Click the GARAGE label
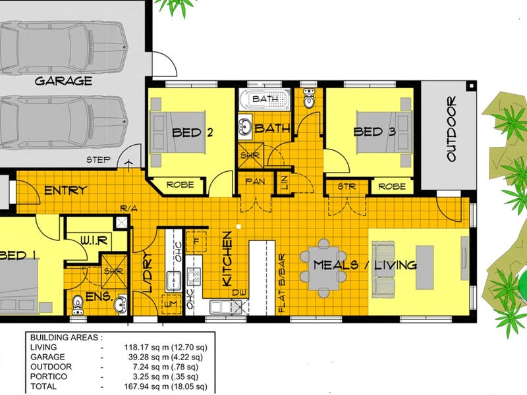pyautogui.click(x=63, y=81)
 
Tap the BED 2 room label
pyautogui.click(x=192, y=132)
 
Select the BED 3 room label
pyautogui.click(x=375, y=132)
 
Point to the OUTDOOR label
pyautogui.click(x=451, y=128)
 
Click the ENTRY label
pyautogui.click(x=66, y=190)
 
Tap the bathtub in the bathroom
pyautogui.click(x=265, y=99)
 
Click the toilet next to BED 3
pyautogui.click(x=308, y=97)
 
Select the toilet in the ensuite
pyautogui.click(x=78, y=305)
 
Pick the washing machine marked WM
pyautogui.click(x=171, y=304)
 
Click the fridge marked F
pyautogui.click(x=196, y=242)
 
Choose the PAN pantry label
pyautogui.click(x=255, y=182)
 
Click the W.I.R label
pyautogui.click(x=94, y=240)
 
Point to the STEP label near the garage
pyautogui.click(x=98, y=159)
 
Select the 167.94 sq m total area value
pyautogui.click(x=166, y=386)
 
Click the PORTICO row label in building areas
pyautogui.click(x=49, y=377)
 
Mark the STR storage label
pyautogui.click(x=347, y=186)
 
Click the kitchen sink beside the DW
pyautogui.click(x=221, y=307)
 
